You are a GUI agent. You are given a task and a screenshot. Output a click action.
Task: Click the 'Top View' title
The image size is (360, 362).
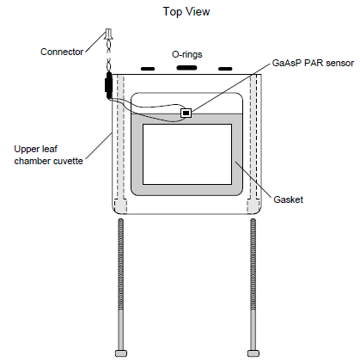pos(186,12)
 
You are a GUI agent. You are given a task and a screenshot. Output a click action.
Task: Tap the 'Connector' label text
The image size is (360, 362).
pos(62,52)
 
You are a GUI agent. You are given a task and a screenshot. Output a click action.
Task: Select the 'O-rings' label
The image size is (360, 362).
pos(187,54)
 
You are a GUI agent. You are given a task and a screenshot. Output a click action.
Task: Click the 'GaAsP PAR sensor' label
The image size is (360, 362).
pos(313,63)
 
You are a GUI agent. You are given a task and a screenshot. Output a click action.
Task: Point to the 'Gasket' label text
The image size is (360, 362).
pos(288,199)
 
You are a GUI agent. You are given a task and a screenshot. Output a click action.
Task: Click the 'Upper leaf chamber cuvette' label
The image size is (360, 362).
pos(49,155)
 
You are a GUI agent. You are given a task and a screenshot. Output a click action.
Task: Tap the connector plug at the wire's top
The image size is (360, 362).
pos(109,34)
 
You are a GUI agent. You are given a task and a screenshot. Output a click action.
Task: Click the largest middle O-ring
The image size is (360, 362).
pos(186,68)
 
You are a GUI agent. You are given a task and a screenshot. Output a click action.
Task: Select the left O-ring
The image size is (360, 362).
pos(148,69)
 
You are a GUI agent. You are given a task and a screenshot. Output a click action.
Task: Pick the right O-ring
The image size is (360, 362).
pos(225,69)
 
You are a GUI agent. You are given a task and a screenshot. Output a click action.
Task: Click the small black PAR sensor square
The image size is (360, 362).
pos(186,114)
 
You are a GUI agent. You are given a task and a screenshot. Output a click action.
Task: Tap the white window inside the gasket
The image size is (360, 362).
pos(187,154)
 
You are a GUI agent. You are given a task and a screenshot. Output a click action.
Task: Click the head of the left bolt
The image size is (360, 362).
pos(121,353)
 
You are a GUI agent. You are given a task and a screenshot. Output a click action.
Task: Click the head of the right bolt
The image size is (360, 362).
pos(253,353)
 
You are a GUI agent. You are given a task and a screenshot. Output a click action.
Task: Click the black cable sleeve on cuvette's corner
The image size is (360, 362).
pos(108,84)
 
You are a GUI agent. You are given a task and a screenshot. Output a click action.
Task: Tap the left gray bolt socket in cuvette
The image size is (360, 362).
pos(120,206)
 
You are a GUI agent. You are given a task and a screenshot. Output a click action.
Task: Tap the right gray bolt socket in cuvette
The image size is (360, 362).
pos(253,206)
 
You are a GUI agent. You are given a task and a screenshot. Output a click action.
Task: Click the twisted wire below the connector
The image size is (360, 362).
pos(109,55)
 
